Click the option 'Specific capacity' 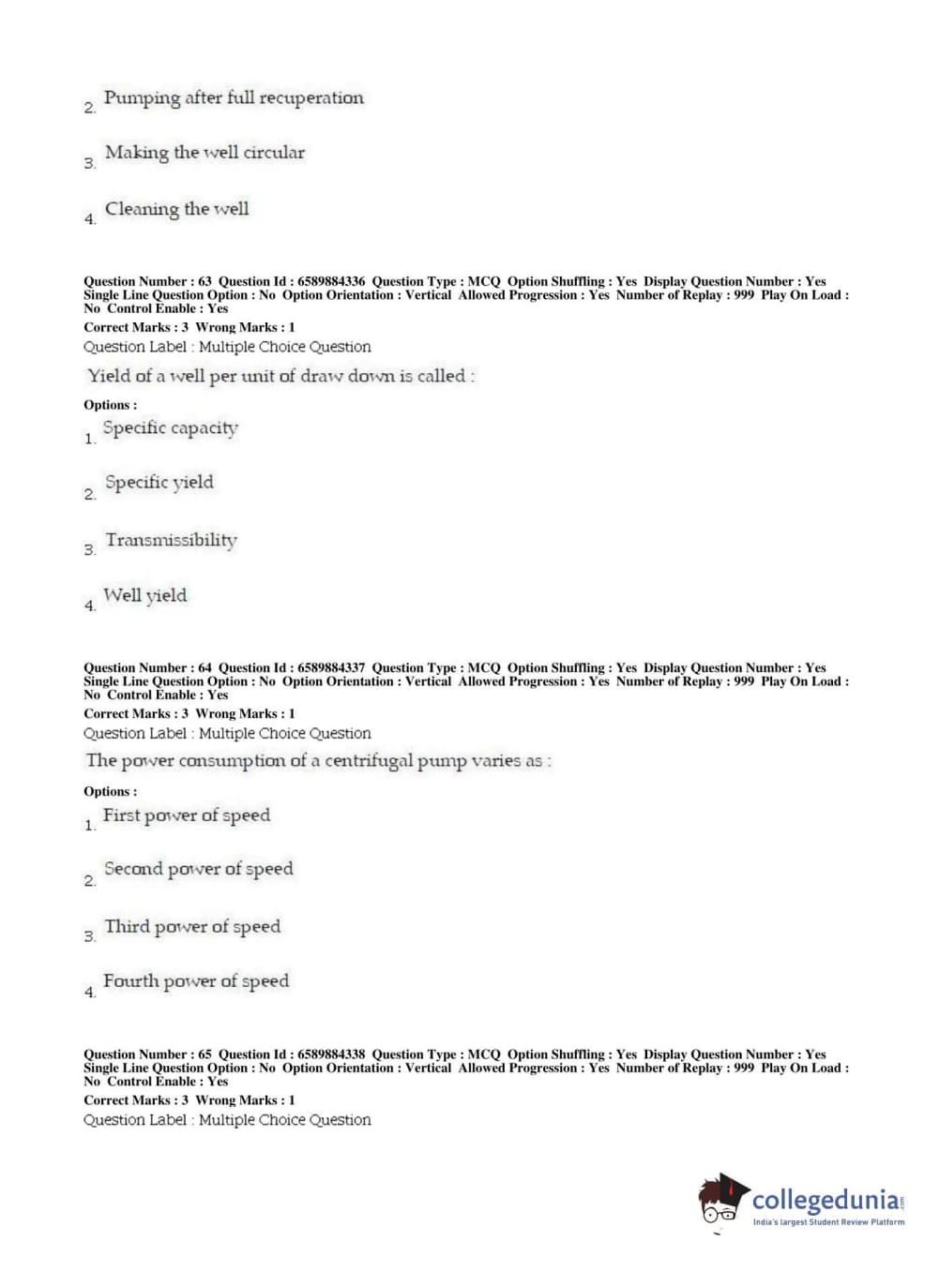170,428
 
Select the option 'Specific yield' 159,483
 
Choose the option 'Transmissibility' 171,540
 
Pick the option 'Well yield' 144,595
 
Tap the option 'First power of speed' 186,815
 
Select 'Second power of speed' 198,870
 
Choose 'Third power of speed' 192,927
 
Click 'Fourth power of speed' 195,981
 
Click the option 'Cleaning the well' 176,209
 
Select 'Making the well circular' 204,153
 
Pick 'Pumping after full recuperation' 234,97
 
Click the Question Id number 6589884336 331,281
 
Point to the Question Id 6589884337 331,668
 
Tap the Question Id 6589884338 331,1054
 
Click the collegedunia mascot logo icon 722,1199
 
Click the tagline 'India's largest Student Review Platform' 828,1222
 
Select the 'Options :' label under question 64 110,792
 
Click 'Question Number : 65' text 147,1054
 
